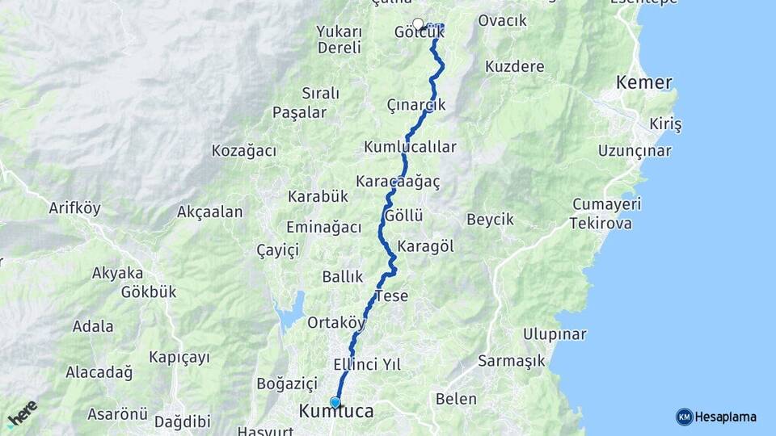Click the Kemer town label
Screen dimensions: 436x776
(643, 82)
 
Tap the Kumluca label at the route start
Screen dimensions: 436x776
(336, 412)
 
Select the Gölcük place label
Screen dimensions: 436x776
(419, 33)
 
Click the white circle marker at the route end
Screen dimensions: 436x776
(418, 23)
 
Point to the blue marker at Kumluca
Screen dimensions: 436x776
(335, 402)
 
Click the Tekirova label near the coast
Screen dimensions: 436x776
(601, 223)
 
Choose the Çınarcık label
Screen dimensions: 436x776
(416, 105)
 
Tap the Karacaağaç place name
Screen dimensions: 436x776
(398, 182)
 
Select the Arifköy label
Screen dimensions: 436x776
(74, 208)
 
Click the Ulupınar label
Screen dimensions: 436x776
(555, 333)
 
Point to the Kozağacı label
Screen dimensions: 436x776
(244, 151)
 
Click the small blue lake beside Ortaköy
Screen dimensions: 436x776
(291, 311)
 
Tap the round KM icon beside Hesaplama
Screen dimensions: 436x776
(684, 417)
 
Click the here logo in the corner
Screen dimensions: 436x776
(22, 414)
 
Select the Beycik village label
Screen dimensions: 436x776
(490, 220)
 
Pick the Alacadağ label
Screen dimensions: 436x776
(100, 371)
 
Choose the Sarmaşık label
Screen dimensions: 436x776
(511, 360)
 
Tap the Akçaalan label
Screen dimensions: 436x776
(210, 212)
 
